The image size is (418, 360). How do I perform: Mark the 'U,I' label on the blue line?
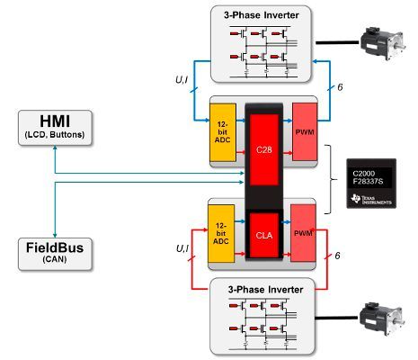point(181,80)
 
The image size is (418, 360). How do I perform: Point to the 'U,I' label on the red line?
point(181,247)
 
